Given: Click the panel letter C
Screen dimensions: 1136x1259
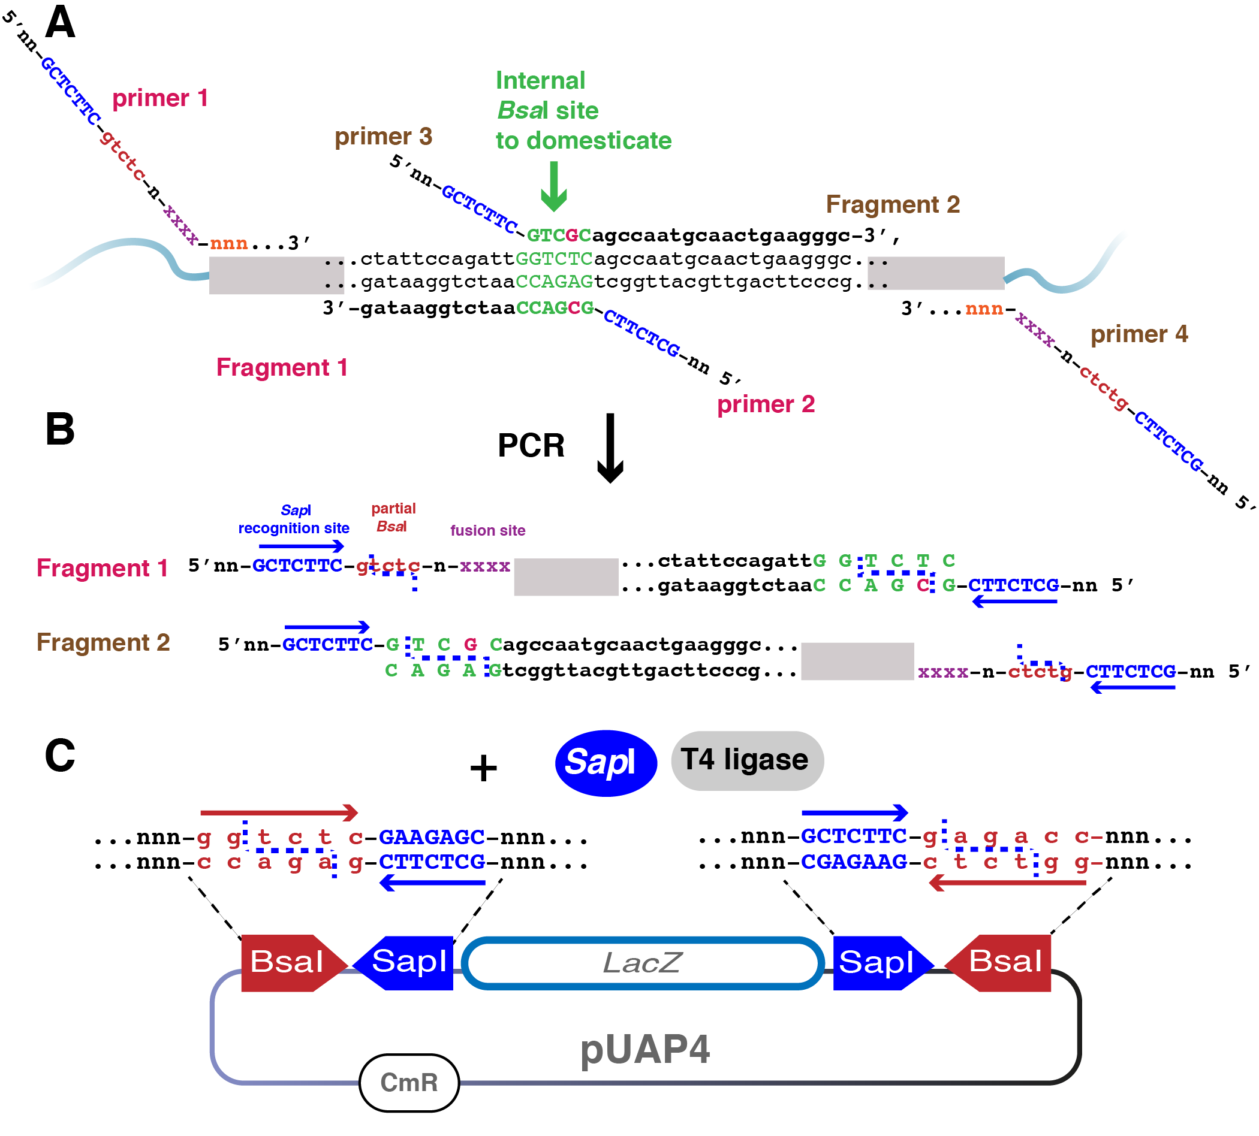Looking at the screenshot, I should point(60,756).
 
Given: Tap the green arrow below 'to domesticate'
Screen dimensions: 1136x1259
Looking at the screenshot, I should point(553,186).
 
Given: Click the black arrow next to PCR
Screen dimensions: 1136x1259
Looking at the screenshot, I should point(610,448).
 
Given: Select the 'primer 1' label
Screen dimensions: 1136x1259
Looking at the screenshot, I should point(160,98).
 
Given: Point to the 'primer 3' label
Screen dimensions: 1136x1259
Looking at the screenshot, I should point(384,136).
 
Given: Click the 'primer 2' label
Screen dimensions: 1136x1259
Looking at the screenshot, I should point(766,404).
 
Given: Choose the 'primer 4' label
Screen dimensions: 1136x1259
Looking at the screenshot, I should point(1139,334).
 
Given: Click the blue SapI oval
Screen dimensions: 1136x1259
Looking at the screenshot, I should point(606,763).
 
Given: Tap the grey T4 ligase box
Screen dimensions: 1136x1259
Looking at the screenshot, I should point(747,760).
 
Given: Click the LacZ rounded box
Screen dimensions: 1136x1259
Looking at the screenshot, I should point(643,962).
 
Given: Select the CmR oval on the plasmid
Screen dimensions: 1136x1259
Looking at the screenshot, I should point(409,1082).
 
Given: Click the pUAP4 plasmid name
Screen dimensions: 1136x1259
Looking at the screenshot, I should point(644,1050).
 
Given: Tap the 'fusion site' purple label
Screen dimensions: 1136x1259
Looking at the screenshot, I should point(488,530).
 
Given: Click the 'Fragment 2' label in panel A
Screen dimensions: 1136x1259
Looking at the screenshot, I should point(893,204).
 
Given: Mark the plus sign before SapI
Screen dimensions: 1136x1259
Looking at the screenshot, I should point(483,768).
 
